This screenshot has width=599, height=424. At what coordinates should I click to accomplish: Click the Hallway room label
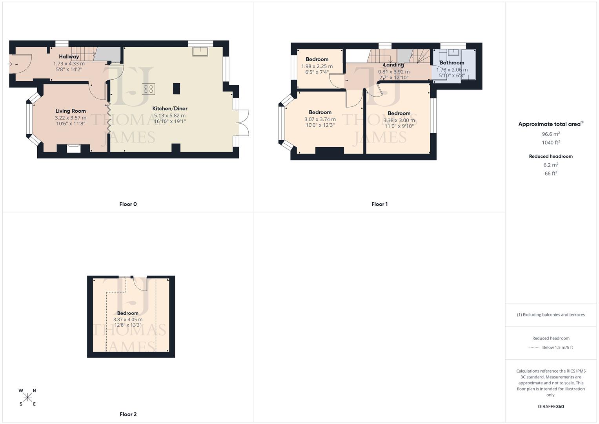tap(69, 57)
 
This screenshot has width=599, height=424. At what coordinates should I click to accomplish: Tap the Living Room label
tap(71, 111)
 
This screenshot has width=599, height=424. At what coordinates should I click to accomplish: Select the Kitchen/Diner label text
tap(170, 109)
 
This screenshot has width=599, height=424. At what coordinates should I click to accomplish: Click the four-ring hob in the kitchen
tap(149, 89)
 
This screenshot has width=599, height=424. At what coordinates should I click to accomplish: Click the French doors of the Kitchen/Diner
tap(244, 123)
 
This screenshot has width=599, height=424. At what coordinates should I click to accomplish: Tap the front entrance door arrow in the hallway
tap(10, 64)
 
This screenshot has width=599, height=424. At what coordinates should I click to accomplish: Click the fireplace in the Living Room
tap(74, 148)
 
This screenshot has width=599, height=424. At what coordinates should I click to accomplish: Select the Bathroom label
tap(452, 63)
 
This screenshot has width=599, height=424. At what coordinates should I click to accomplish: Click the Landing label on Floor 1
tap(393, 65)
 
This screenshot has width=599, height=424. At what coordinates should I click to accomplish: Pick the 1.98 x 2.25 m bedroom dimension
tap(317, 66)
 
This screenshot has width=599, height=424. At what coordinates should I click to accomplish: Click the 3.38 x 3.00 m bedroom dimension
tap(399, 121)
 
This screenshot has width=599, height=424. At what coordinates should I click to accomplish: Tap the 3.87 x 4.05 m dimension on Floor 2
tap(128, 320)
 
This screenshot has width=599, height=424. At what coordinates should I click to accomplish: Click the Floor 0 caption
tap(128, 204)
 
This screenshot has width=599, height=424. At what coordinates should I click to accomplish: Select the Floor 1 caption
tap(379, 204)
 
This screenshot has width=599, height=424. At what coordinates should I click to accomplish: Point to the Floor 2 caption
tap(128, 414)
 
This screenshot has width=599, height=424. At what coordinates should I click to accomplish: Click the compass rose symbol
tap(27, 397)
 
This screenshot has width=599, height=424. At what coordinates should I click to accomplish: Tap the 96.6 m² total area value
tap(551, 134)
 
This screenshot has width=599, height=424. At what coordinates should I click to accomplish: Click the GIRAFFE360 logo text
tap(551, 407)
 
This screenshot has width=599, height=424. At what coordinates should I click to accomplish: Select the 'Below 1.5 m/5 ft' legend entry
tap(557, 347)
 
